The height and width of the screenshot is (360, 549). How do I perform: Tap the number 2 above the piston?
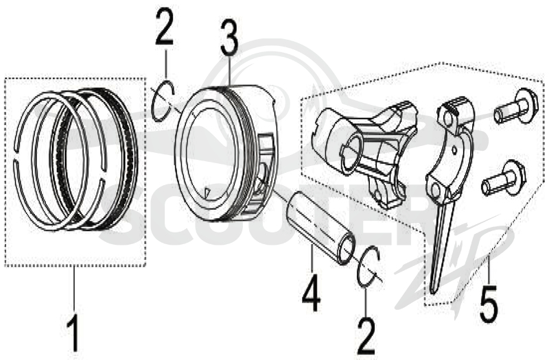(x=164, y=27)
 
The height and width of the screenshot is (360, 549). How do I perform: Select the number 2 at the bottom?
(x=366, y=335)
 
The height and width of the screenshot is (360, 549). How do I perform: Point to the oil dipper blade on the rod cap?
(x=442, y=245)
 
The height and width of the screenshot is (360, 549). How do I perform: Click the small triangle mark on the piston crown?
(x=207, y=193)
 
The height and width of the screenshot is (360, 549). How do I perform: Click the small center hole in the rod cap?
(x=454, y=149)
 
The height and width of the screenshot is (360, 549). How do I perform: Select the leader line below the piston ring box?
(x=74, y=289)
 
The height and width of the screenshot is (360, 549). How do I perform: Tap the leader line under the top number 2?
(x=165, y=64)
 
